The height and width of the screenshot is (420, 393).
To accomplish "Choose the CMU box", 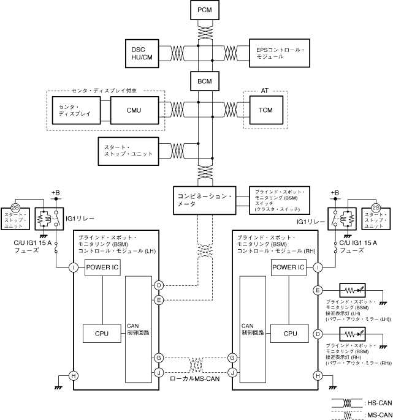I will [x=134, y=111].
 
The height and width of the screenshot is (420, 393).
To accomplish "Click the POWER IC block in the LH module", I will [x=102, y=267].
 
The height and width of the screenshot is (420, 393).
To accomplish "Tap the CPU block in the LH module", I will [x=102, y=334].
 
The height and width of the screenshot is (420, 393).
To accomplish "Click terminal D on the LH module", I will [x=159, y=285].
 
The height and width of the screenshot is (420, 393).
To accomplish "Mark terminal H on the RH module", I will [x=318, y=375].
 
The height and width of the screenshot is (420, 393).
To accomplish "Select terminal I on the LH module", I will [x=73, y=267].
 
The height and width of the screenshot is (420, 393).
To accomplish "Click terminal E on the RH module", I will [x=318, y=290].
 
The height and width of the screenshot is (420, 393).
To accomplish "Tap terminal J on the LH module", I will [x=159, y=371].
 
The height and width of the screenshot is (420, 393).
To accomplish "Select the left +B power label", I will [x=55, y=193].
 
